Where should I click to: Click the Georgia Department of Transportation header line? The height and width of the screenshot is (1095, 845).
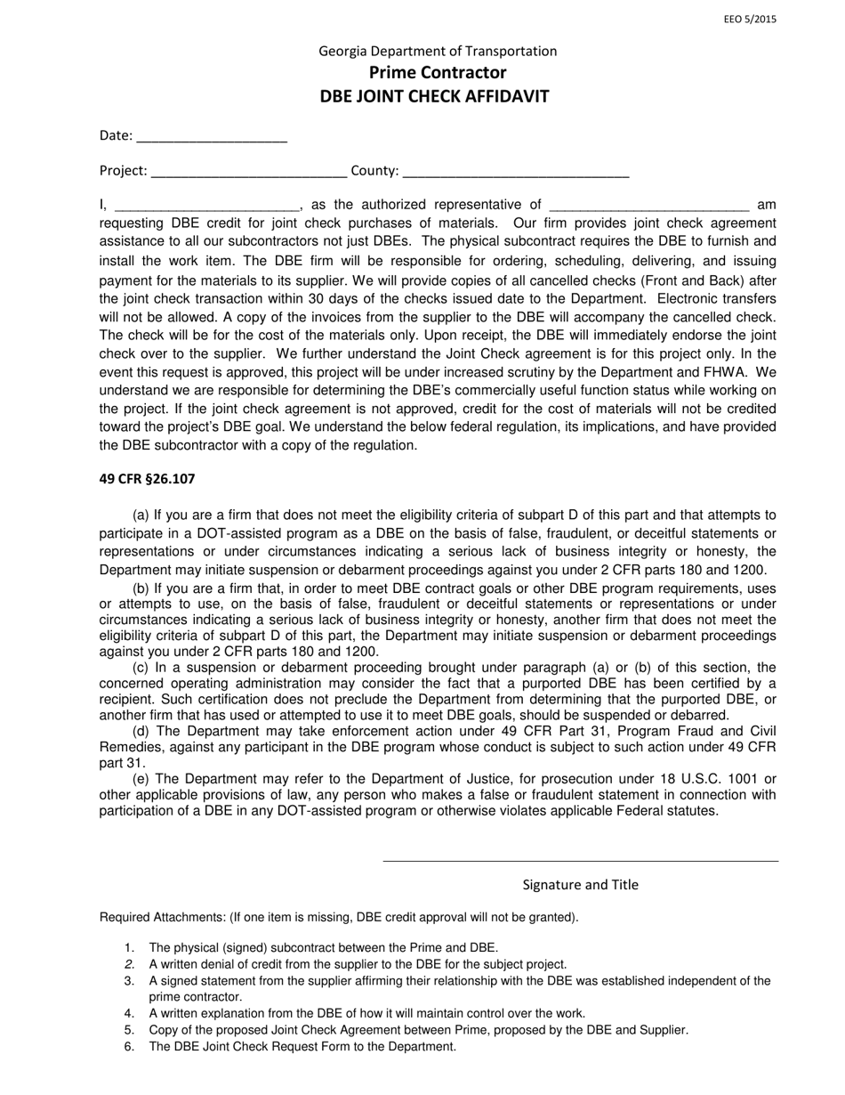coord(438,51)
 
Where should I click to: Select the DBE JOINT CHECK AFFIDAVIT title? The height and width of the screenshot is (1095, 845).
coord(435,96)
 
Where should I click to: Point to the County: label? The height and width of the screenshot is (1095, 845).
coord(374,171)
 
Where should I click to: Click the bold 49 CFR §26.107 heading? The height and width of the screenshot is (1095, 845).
coord(147,479)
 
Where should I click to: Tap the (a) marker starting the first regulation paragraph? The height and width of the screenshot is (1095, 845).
coord(141,515)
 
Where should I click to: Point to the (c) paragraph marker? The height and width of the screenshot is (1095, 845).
coord(141,667)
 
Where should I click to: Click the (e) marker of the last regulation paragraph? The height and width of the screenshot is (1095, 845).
coord(141,779)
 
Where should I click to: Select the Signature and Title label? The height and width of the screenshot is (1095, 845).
coord(580,885)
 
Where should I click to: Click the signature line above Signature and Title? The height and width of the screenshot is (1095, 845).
coord(580,860)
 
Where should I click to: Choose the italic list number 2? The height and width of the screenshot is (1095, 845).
coord(129,964)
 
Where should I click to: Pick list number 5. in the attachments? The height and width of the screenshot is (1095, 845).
coord(129,1030)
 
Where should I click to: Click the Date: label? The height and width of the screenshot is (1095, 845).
coord(116,136)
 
